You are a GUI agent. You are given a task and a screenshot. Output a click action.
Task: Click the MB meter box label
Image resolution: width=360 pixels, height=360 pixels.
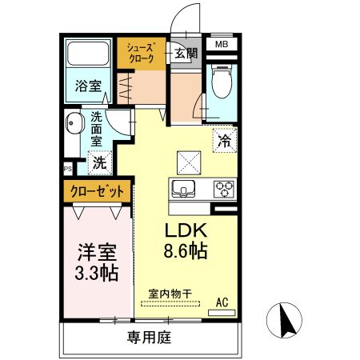point(222,44)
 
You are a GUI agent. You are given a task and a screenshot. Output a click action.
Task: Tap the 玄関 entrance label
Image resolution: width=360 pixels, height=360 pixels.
point(186,54)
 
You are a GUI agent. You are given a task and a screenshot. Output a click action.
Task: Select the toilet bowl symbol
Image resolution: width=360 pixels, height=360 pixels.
point(222,81)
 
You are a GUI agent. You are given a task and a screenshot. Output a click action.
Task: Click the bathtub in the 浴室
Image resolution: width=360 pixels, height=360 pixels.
point(88,54)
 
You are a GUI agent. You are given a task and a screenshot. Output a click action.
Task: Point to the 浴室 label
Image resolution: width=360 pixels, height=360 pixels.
point(88,86)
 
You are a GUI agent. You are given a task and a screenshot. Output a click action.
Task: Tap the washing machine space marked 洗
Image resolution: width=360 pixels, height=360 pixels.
point(100,162)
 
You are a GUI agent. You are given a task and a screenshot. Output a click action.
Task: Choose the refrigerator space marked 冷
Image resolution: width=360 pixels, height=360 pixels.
point(225,140)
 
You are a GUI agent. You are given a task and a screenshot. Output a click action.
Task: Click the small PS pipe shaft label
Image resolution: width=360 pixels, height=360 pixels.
point(68,169)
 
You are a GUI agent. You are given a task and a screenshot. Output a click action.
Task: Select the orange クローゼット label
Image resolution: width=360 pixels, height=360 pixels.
point(97,191)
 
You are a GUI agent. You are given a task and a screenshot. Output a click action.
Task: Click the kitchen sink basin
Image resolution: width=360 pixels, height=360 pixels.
point(183,189)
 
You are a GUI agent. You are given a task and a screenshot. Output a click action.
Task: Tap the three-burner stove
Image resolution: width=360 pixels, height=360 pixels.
point(224,189)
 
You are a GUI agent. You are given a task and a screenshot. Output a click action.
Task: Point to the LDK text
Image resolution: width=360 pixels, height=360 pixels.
point(186,230)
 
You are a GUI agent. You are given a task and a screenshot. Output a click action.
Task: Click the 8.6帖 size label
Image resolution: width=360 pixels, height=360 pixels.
point(186,251)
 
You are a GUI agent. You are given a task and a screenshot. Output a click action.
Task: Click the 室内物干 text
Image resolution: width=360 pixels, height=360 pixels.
point(170,294)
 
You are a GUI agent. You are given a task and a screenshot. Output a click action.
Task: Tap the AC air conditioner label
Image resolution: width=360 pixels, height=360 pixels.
point(222,302)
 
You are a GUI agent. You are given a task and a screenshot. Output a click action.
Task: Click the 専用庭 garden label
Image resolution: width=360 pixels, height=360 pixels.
point(149,337)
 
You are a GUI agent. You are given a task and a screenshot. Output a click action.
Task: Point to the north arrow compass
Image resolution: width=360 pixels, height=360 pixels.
point(284,320)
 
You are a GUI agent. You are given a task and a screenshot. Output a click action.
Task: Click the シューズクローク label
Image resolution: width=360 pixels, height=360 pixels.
point(141,54)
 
